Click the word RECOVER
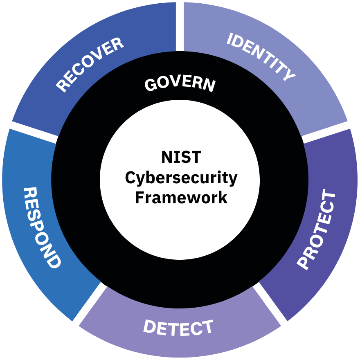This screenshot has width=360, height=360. (90, 64)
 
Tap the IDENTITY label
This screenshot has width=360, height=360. (261, 56)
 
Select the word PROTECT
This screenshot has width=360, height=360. (316, 229)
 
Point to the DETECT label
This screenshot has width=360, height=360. (178, 327)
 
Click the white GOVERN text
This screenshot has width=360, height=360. (180, 84)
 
